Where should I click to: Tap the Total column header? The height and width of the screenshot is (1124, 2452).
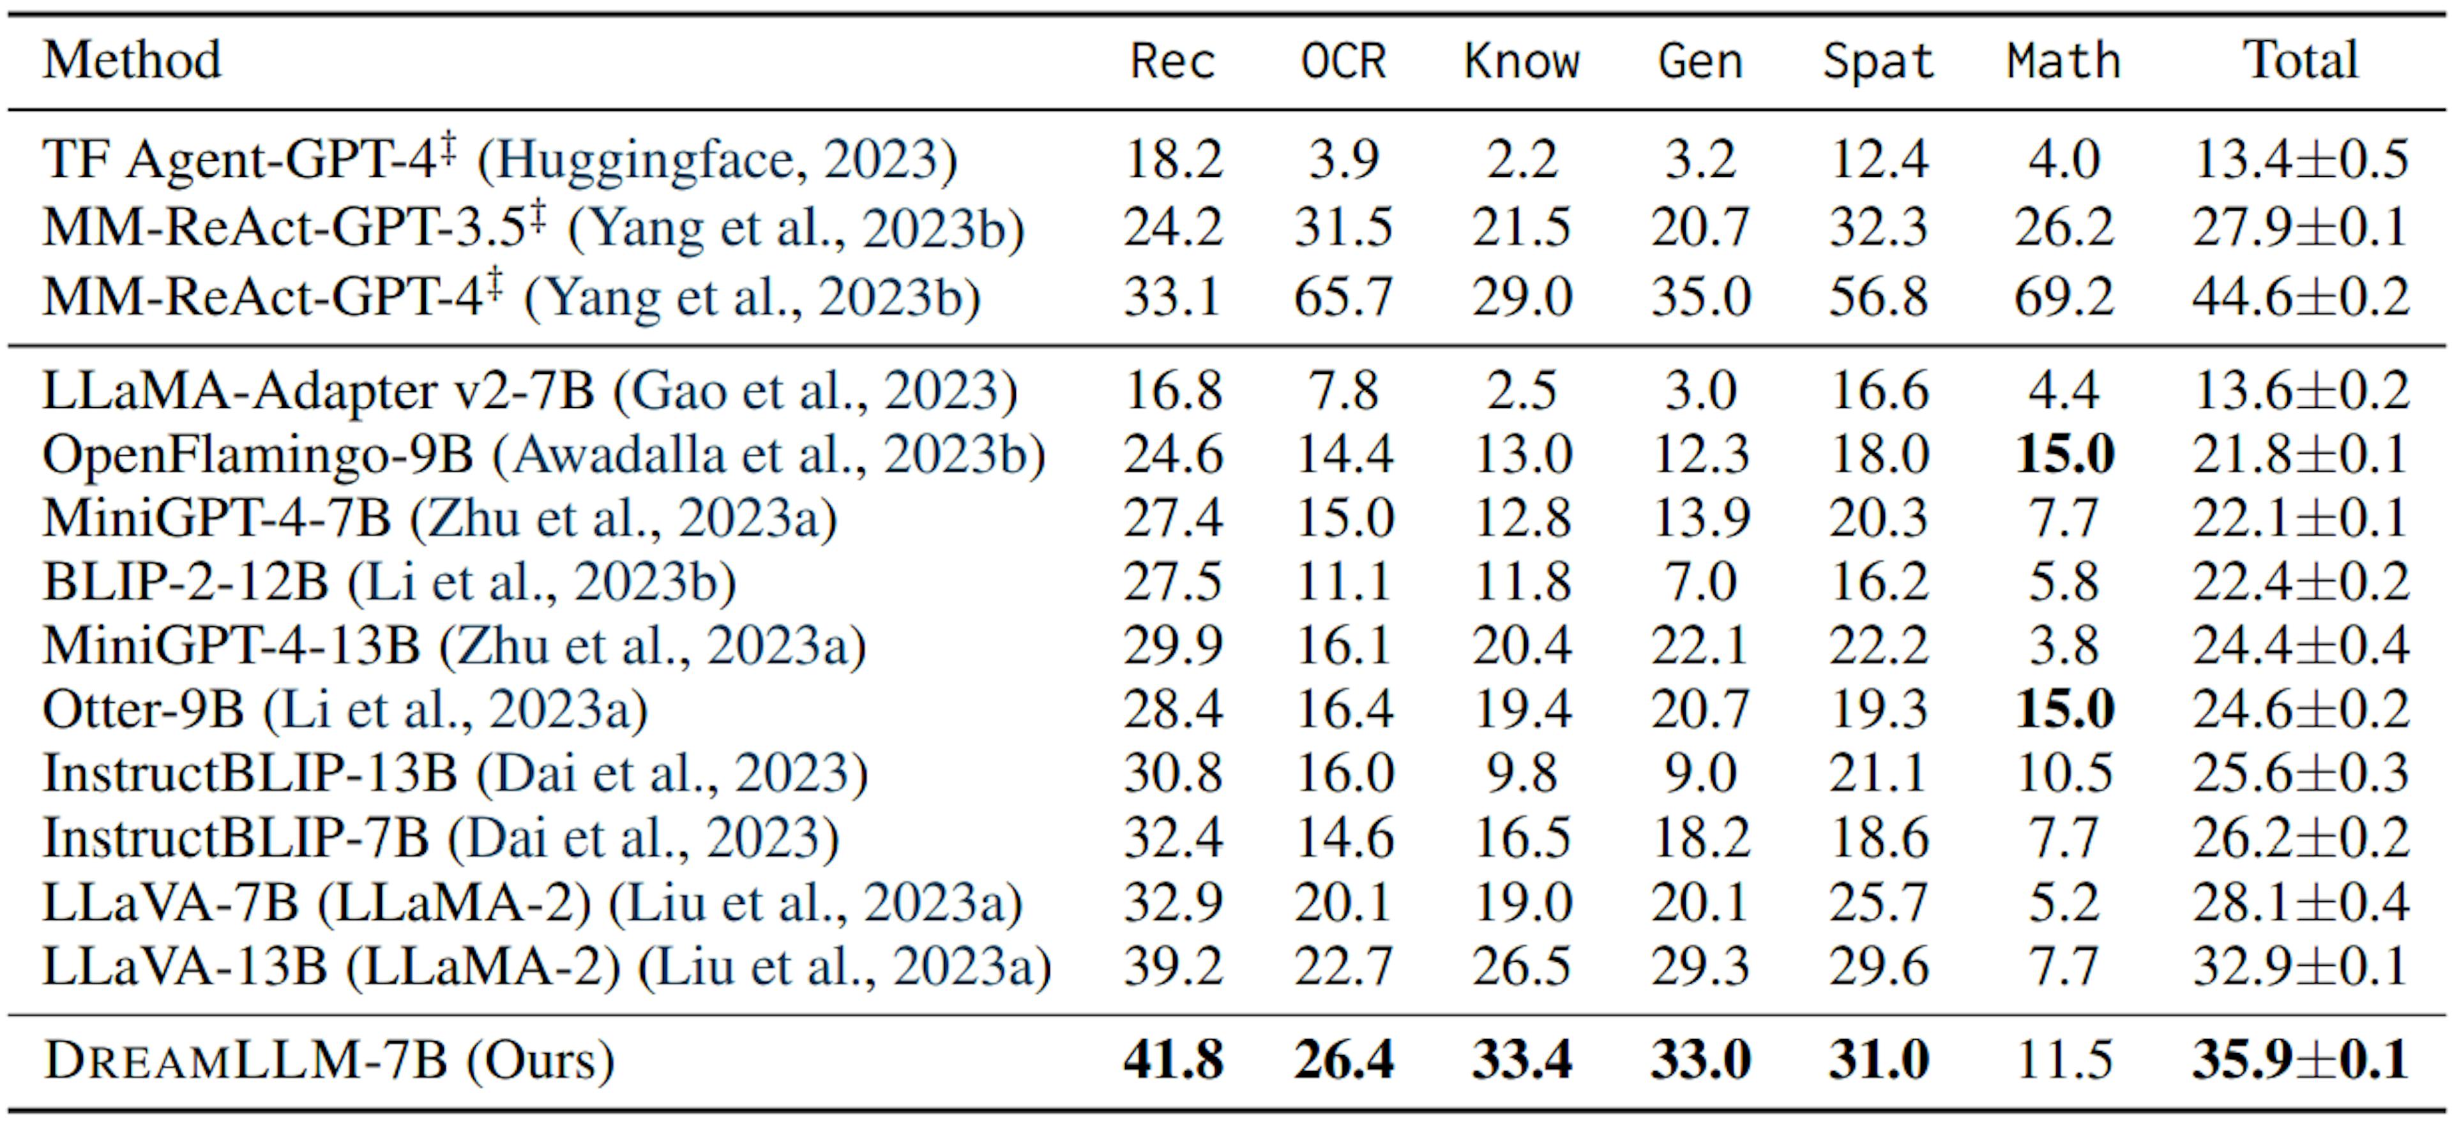pyautogui.click(x=2301, y=60)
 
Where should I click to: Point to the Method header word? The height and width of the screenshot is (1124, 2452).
pyautogui.click(x=132, y=60)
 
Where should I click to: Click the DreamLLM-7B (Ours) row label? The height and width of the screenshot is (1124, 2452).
pyautogui.click(x=328, y=1060)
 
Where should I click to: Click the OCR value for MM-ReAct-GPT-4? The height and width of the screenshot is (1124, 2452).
pyautogui.click(x=1343, y=297)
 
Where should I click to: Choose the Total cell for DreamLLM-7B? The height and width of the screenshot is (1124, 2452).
pyautogui.click(x=2301, y=1060)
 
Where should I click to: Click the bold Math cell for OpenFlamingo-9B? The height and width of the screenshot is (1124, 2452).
pyautogui.click(x=2064, y=454)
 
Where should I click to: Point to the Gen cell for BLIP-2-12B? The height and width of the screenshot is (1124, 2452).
pyautogui.click(x=1700, y=581)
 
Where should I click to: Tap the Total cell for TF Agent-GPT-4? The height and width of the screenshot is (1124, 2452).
pyautogui.click(x=2301, y=159)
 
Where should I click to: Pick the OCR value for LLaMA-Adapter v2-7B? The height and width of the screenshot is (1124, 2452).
pyautogui.click(x=1343, y=390)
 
